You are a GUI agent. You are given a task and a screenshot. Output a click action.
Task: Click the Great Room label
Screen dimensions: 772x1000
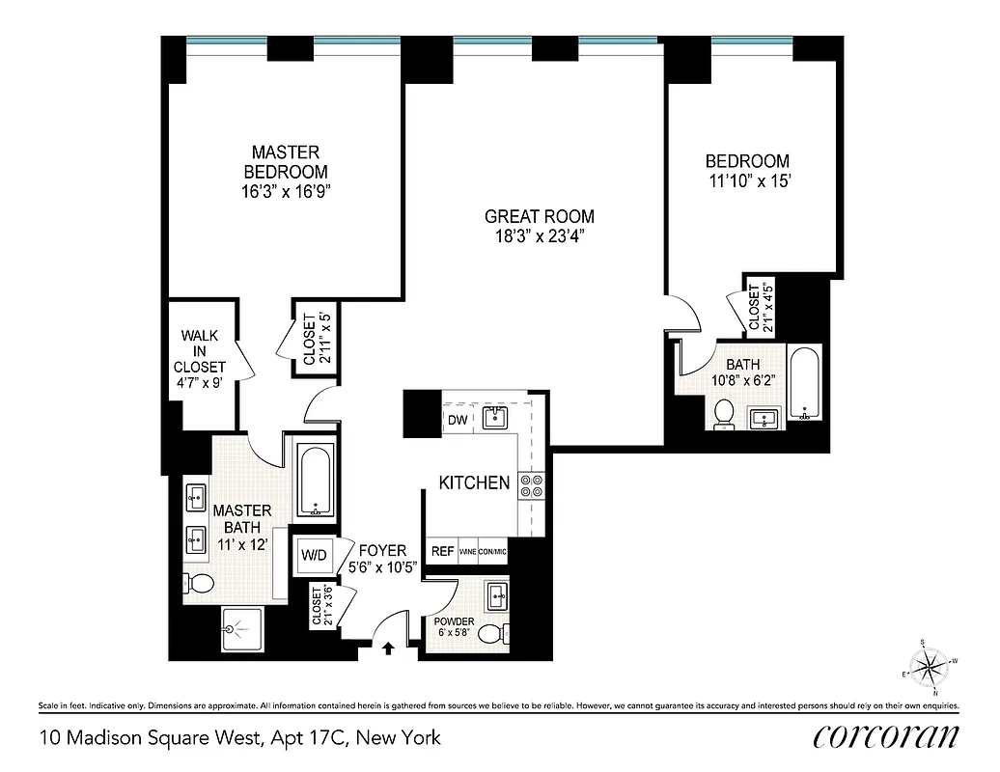tap(539, 217)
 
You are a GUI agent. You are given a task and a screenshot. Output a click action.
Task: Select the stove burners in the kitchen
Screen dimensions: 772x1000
tap(531, 484)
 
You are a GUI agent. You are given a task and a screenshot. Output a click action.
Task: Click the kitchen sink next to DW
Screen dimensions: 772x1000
tap(495, 417)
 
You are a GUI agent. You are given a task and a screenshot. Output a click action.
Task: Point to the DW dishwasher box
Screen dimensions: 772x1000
tap(458, 420)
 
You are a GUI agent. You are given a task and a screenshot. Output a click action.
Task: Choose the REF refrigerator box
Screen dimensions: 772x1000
tap(442, 551)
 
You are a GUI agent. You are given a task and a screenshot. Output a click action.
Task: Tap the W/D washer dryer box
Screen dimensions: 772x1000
tap(314, 555)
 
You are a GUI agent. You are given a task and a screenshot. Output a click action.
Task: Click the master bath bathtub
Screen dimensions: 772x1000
tap(314, 480)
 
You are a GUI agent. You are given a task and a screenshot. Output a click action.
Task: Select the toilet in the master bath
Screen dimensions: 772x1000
tap(200, 582)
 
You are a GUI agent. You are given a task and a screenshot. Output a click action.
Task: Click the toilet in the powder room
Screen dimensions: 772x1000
tap(492, 633)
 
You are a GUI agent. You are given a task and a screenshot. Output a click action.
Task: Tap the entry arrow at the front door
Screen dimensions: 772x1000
tap(388, 648)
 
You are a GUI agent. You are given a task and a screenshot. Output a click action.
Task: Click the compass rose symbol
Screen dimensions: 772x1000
tap(931, 665)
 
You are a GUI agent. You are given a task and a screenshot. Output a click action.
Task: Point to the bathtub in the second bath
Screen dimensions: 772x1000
tap(803, 384)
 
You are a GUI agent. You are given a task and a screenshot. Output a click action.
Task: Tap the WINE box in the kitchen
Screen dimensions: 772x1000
tap(468, 551)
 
